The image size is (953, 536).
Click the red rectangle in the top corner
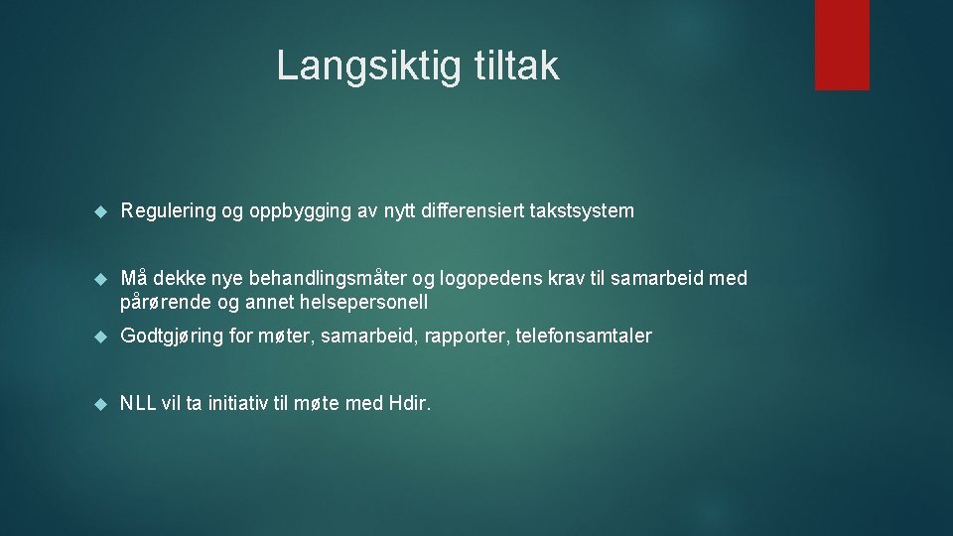click(842, 45)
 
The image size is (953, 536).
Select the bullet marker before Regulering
click(99, 211)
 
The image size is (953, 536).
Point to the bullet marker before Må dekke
click(99, 279)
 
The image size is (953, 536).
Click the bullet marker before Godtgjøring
click(99, 336)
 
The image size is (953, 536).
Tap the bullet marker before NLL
click(99, 404)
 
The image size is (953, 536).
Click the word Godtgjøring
click(172, 336)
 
